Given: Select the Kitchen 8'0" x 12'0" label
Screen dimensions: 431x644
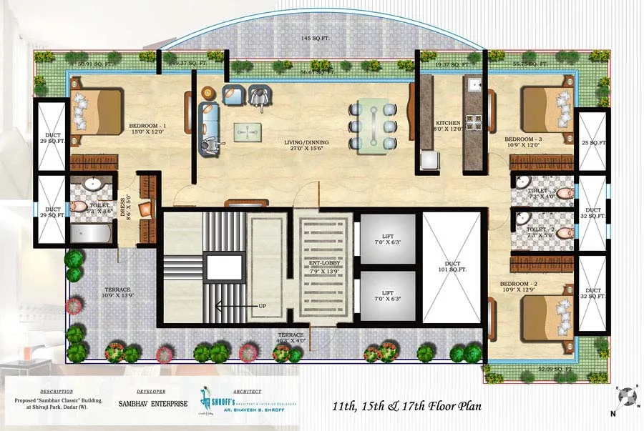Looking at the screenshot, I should coord(448,127).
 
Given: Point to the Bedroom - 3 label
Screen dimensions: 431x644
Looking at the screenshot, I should coord(523,143).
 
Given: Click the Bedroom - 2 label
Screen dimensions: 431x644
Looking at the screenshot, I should coord(519,287).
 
